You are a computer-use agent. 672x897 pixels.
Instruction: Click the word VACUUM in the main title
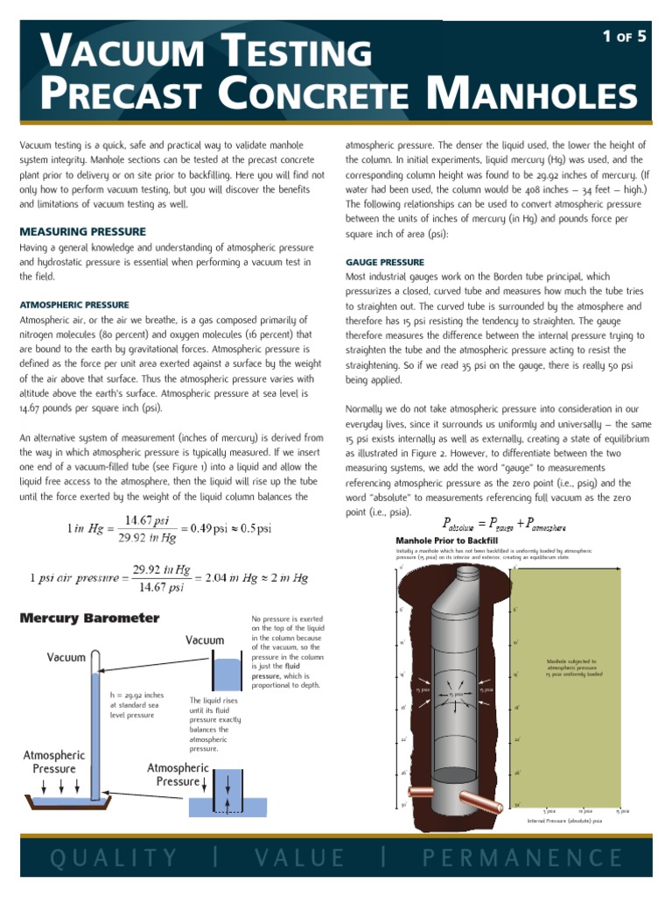tap(119, 53)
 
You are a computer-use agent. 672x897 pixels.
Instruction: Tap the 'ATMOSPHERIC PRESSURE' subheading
tap(73, 304)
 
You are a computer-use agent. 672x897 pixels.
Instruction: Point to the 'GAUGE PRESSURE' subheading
tap(384, 262)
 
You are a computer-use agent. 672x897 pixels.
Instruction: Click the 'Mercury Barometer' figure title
tap(89, 618)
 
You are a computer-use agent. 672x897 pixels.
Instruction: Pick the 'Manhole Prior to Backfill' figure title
tap(442, 540)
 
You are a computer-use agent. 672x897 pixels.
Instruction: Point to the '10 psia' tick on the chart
tap(585, 811)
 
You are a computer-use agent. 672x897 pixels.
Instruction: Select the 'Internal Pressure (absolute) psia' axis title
tap(564, 822)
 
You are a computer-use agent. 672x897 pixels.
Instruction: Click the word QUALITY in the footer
tap(114, 858)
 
